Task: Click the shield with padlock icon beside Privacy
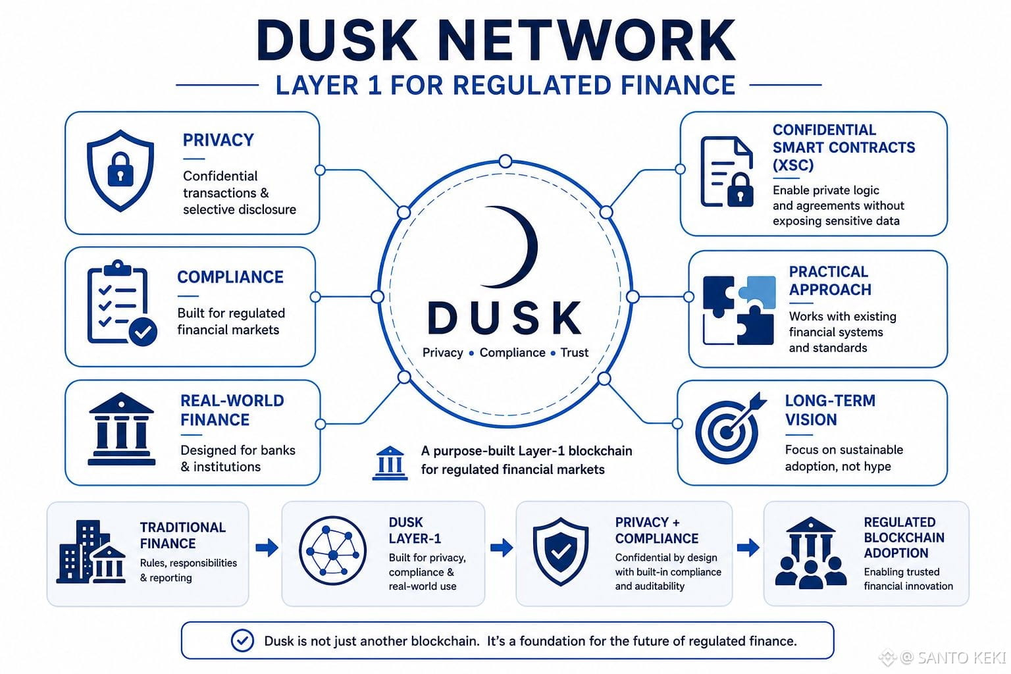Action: pos(120,170)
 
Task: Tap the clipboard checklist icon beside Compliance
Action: pos(122,303)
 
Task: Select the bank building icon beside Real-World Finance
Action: pos(121,429)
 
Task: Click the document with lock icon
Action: pos(727,172)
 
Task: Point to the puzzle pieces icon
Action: pos(739,310)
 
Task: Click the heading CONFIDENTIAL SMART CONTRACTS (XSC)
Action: pos(844,147)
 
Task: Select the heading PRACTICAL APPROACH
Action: pos(830,280)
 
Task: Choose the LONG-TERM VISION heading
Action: pos(830,410)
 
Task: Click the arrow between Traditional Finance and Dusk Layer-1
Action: pos(267,548)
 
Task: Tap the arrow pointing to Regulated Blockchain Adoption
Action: pos(748,548)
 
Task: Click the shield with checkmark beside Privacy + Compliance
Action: pos(561,551)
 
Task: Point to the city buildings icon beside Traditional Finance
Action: pos(91,552)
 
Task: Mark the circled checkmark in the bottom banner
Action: pos(242,640)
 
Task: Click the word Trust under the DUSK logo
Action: pos(574,353)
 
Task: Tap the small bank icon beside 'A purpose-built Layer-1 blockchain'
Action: pos(390,463)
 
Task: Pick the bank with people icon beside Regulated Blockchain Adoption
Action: pos(811,553)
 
